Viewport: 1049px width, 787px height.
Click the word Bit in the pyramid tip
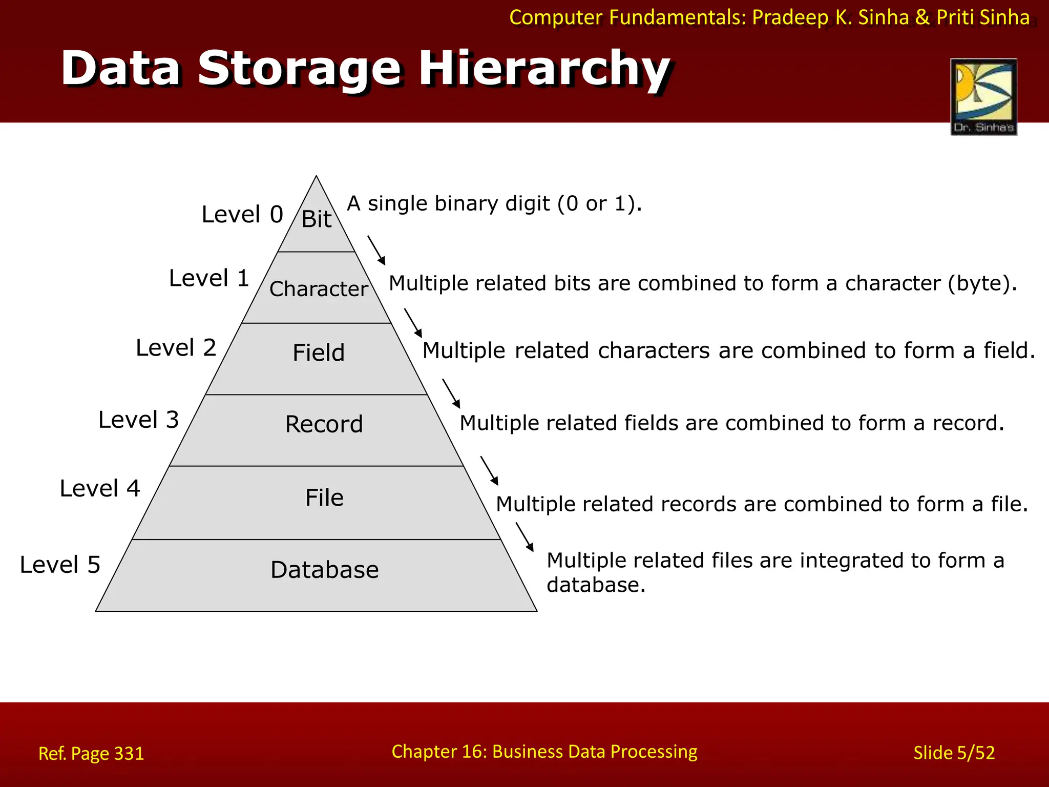pyautogui.click(x=316, y=219)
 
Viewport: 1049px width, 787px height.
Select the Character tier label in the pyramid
pyautogui.click(x=318, y=289)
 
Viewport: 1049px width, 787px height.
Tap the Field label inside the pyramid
pyautogui.click(x=319, y=353)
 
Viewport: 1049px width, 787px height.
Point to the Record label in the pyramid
pyautogui.click(x=324, y=424)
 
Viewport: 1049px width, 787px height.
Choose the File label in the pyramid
pyautogui.click(x=324, y=498)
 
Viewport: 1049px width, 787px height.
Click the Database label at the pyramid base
pyautogui.click(x=324, y=570)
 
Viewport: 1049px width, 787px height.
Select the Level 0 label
pyautogui.click(x=242, y=214)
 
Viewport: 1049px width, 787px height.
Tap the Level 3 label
pyautogui.click(x=138, y=420)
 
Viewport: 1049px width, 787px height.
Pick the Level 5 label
pyautogui.click(x=60, y=565)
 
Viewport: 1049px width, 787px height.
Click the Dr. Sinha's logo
pyautogui.click(x=983, y=97)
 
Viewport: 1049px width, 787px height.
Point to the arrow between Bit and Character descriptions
pyautogui.click(x=376, y=251)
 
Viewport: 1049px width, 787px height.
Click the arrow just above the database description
pyautogui.click(x=524, y=537)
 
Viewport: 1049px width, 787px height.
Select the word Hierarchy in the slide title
pyautogui.click(x=544, y=69)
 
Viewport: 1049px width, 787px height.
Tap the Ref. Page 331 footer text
pyautogui.click(x=91, y=753)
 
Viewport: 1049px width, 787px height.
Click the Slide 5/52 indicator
pyautogui.click(x=954, y=753)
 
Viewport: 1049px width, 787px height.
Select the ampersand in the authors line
pyautogui.click(x=922, y=17)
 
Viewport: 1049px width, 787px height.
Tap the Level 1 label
pyautogui.click(x=208, y=278)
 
